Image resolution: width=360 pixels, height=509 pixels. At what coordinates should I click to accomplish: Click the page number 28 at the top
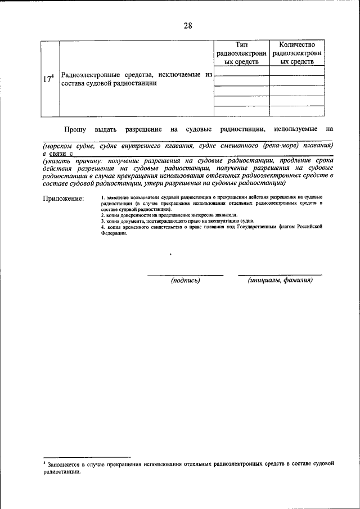[x=187, y=26]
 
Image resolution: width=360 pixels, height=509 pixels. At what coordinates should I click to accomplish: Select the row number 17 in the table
[x=49, y=79]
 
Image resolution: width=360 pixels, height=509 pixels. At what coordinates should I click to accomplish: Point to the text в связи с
[x=58, y=152]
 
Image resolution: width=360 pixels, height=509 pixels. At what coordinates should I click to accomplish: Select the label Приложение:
[x=64, y=199]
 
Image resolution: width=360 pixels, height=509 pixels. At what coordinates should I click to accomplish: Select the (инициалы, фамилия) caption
[x=280, y=280]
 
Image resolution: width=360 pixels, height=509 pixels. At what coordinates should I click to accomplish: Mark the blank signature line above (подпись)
[x=186, y=274]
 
